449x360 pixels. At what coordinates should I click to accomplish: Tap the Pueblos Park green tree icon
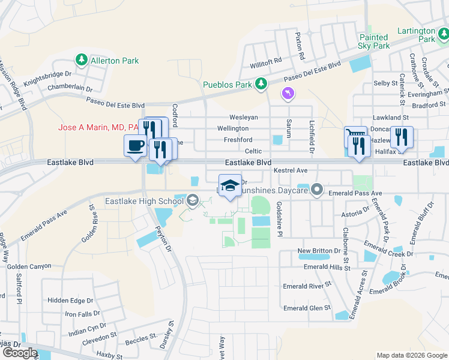(261, 85)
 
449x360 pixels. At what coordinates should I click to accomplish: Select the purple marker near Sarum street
(288, 94)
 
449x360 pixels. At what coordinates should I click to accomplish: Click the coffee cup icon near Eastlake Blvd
(134, 145)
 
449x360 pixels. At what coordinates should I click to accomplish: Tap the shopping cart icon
(354, 136)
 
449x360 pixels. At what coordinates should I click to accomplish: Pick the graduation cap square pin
(230, 185)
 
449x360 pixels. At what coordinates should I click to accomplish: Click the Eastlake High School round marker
(192, 200)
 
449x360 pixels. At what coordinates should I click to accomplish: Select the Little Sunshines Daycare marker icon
(318, 191)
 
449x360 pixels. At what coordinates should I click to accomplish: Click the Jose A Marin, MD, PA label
(98, 127)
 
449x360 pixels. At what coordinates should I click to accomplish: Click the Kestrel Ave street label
(291, 171)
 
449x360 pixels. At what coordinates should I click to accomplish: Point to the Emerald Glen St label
(307, 308)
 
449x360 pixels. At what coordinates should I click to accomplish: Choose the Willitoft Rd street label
(267, 61)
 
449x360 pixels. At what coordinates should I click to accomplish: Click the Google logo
(20, 353)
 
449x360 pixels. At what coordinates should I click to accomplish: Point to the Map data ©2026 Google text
(411, 355)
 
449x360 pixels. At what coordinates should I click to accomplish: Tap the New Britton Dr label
(323, 250)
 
